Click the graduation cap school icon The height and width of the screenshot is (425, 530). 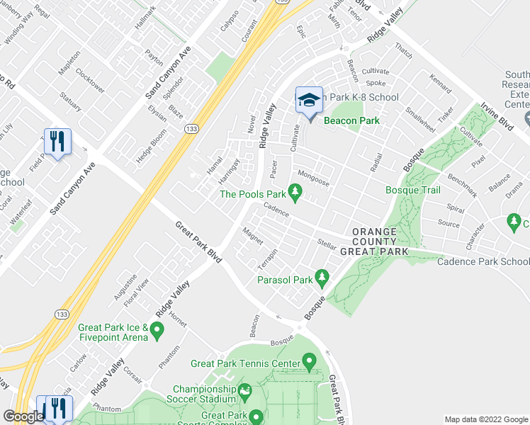click(309, 100)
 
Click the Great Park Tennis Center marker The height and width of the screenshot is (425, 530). click(309, 363)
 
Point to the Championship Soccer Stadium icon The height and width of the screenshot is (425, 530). click(245, 390)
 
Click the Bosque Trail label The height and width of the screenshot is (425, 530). click(412, 190)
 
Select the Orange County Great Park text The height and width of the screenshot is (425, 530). click(380, 242)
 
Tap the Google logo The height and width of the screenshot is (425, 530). click(23, 416)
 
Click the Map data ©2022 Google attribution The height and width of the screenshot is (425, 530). click(486, 419)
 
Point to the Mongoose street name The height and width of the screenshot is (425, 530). click(313, 177)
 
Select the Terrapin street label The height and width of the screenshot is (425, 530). click(267, 259)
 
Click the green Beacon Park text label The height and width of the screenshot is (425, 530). click(351, 120)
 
